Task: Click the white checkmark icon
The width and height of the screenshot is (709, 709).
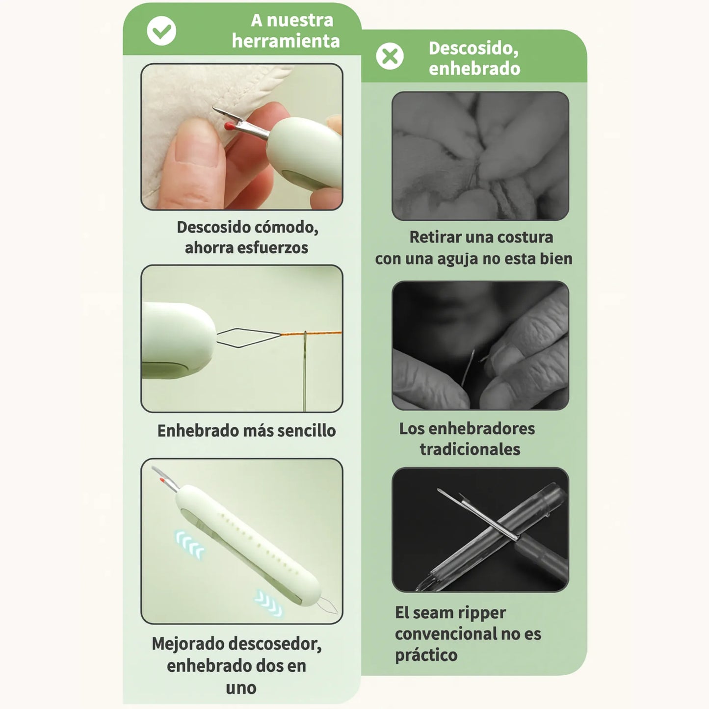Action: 161,31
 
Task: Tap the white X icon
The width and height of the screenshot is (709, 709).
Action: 390,56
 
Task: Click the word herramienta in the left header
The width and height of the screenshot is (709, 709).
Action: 286,41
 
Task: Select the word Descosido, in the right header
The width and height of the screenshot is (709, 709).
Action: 473,48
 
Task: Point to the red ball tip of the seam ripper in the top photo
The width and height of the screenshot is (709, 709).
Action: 228,126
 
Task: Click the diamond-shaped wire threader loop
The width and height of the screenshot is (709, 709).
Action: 248,338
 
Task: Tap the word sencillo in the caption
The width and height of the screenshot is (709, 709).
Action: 307,431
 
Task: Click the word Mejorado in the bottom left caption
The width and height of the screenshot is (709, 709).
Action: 187,644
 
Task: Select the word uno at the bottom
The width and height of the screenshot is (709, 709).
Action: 241,688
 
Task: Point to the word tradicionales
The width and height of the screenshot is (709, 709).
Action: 470,449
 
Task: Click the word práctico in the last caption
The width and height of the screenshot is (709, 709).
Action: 426,655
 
